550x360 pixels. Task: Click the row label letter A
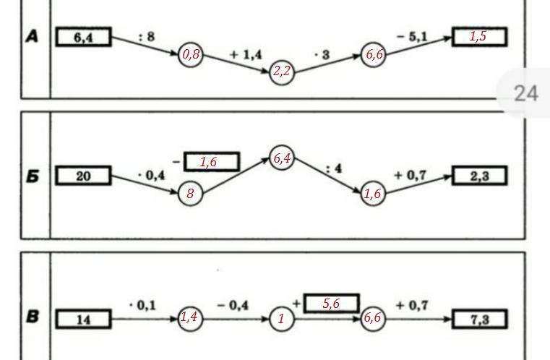point(32,36)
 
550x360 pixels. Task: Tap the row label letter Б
point(33,176)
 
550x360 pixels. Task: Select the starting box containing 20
point(84,176)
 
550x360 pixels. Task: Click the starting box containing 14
point(84,319)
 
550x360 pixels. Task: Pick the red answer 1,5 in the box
point(478,36)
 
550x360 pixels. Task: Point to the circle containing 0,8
point(191,54)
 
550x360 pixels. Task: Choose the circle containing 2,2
point(282,72)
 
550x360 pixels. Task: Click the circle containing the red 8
point(191,193)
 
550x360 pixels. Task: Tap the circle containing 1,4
point(190,318)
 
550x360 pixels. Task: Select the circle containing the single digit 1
point(282,319)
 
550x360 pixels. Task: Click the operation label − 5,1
point(412,36)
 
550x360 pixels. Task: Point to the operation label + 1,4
point(246,54)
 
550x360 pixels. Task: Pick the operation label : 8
point(147,36)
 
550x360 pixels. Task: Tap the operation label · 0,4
point(151,175)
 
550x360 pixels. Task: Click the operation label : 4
point(334,168)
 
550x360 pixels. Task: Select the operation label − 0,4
point(233,305)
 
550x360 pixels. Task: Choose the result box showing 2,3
point(479,176)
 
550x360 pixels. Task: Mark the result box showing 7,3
point(479,319)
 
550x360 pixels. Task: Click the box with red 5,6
point(332,303)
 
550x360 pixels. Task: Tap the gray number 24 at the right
point(526,94)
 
